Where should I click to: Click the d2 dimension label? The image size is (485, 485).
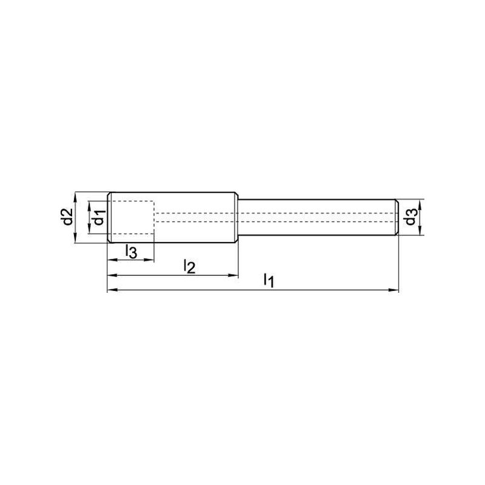point(68,217)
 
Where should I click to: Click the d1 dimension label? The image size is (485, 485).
point(99,217)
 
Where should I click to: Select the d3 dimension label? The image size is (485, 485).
point(411,217)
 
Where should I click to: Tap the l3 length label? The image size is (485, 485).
point(131,251)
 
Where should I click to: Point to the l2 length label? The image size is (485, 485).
point(189,266)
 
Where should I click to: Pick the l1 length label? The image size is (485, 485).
point(269,281)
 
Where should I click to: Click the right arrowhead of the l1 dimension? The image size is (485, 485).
point(393,290)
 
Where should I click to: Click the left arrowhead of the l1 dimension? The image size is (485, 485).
point(112,290)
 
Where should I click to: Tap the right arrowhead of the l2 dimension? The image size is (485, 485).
point(233,275)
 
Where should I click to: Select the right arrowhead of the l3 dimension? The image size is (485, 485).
point(149,260)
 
